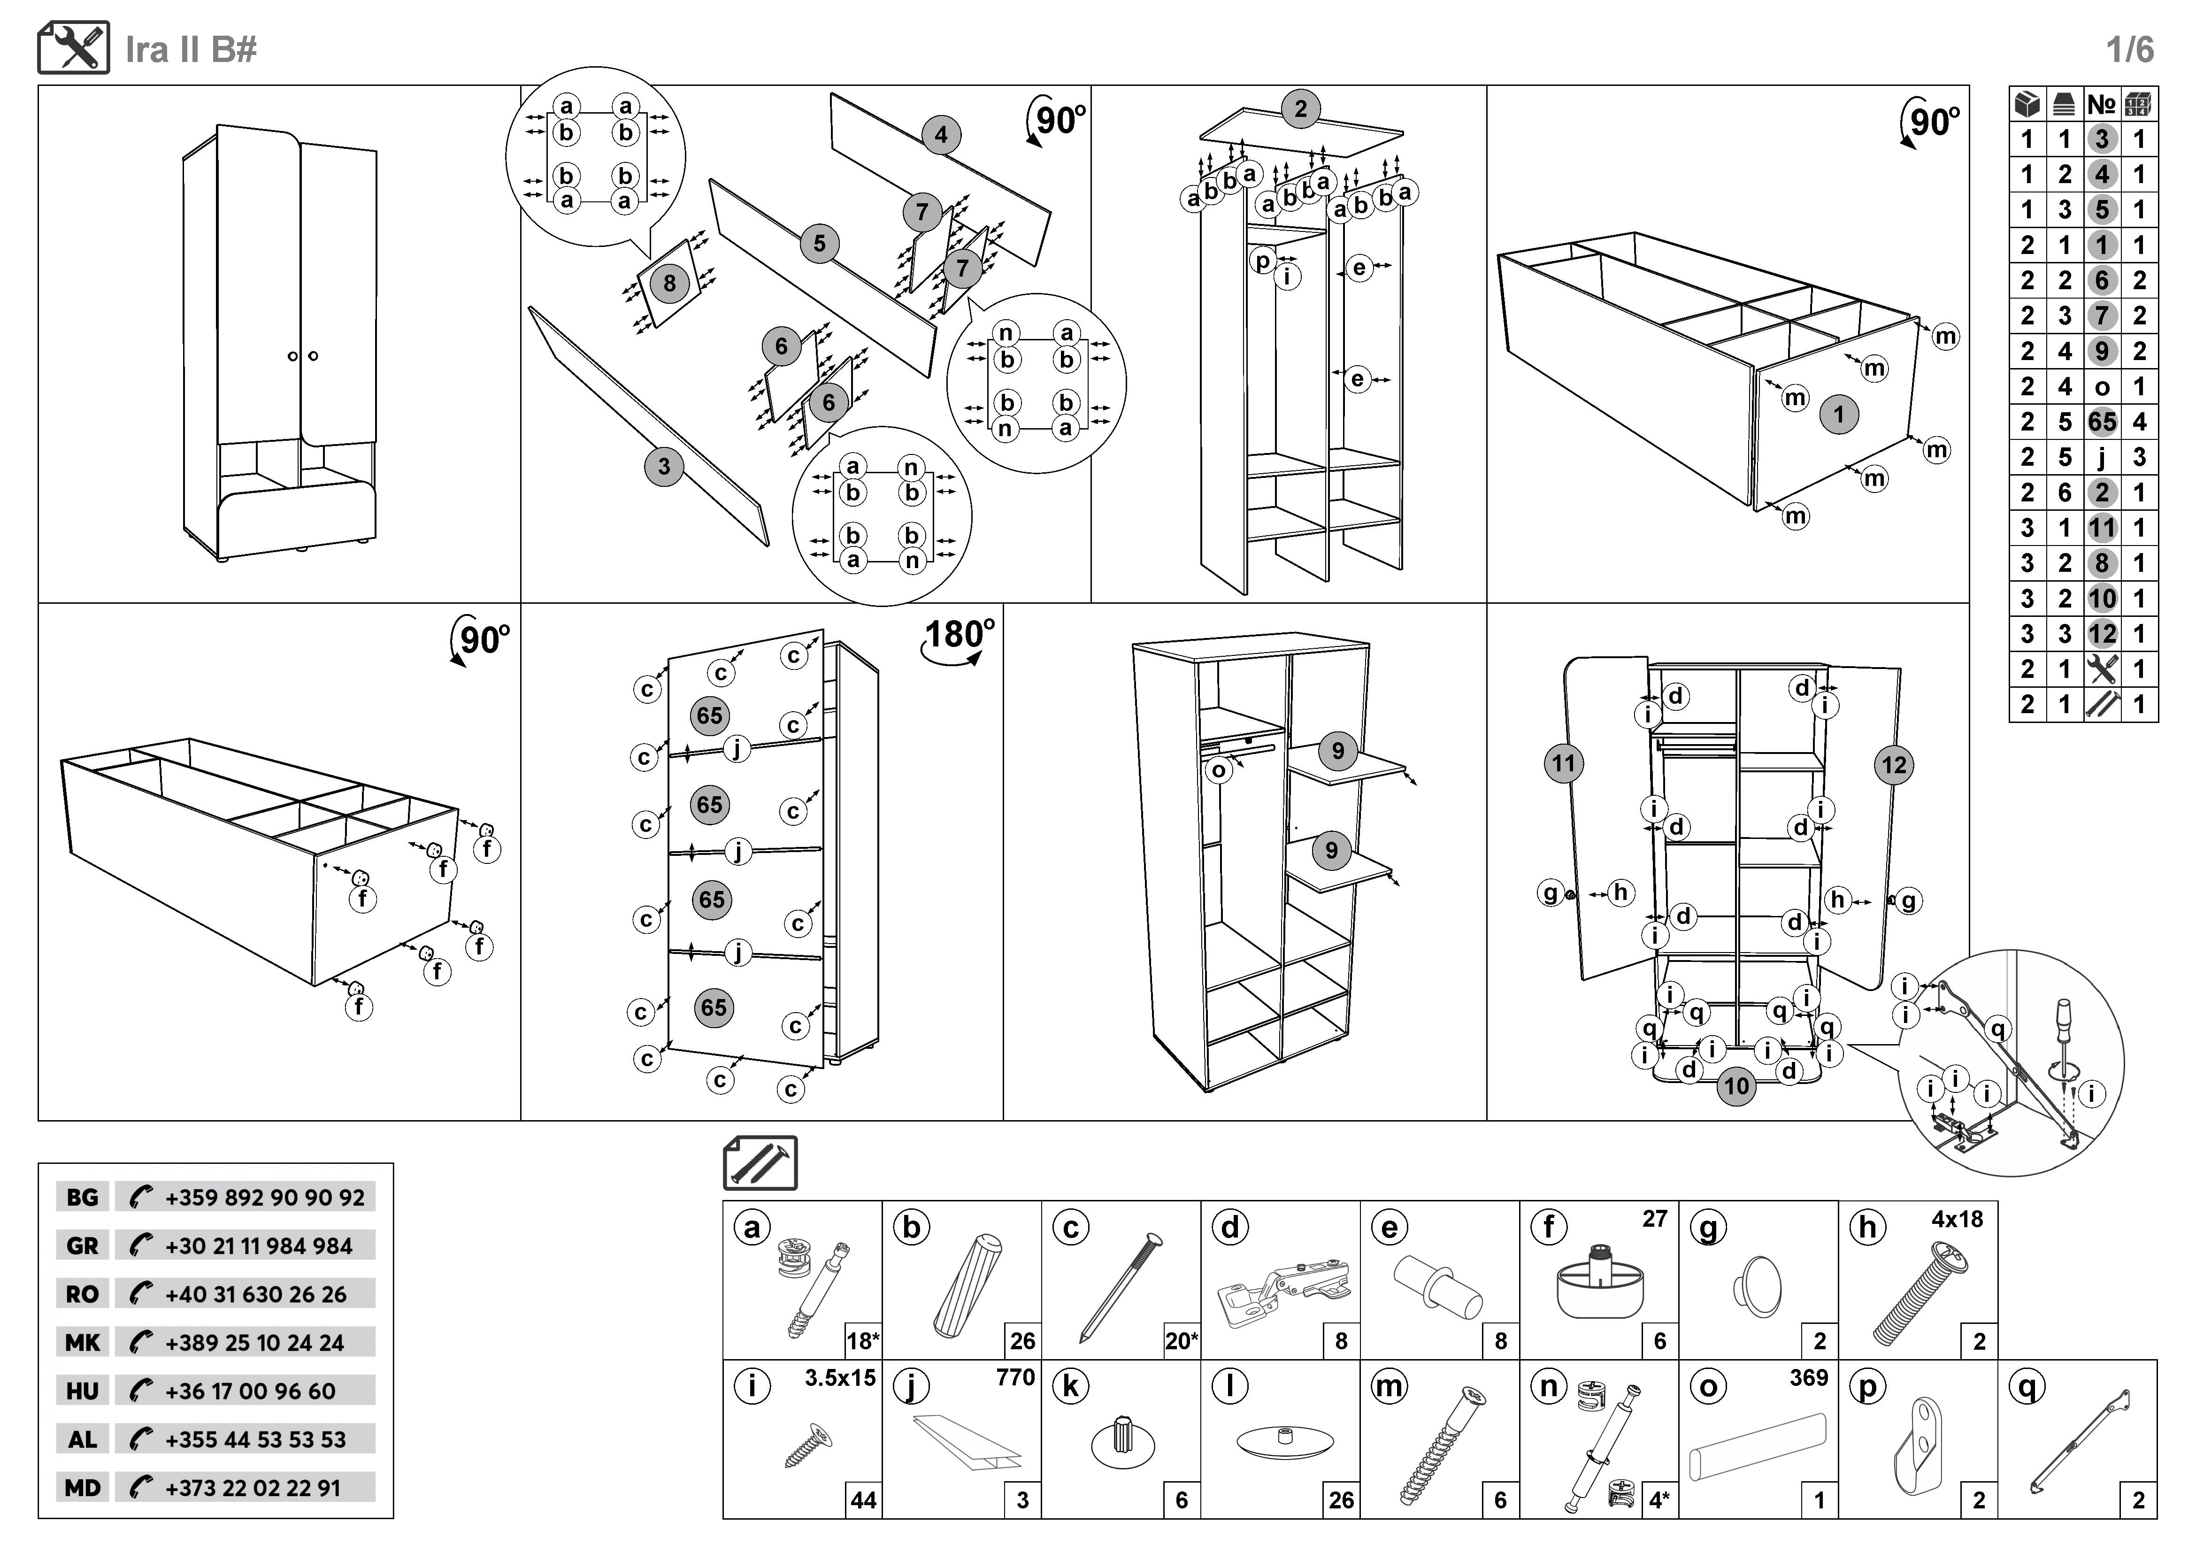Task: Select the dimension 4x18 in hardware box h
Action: [x=1957, y=1219]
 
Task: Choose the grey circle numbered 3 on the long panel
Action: [x=664, y=468]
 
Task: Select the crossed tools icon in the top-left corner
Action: [x=74, y=48]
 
